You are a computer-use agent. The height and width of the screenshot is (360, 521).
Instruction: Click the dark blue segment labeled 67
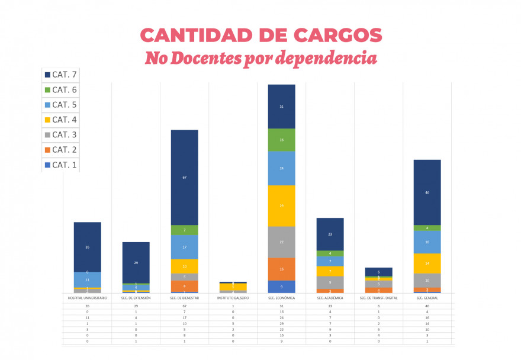[185, 177]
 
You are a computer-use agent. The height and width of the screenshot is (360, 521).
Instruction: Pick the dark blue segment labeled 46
[427, 192]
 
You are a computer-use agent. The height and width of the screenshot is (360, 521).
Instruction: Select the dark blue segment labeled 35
[87, 247]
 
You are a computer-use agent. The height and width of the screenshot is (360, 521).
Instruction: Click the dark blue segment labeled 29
[136, 262]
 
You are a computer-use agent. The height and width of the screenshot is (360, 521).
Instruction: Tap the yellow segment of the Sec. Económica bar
[281, 206]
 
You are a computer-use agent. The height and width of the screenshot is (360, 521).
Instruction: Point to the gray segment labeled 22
[281, 242]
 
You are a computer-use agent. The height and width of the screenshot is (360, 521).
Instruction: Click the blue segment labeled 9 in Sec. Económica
[281, 287]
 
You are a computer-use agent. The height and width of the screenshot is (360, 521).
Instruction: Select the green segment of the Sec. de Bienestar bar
[185, 230]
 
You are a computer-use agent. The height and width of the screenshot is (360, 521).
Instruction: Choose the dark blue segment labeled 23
[330, 234]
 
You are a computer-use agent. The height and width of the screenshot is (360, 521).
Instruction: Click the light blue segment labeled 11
[87, 279]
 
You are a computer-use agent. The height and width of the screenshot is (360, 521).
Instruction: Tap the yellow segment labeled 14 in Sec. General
[427, 263]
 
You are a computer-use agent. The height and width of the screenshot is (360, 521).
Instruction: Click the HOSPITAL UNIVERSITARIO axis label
[87, 298]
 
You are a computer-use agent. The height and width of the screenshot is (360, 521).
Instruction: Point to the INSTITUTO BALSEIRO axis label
[233, 298]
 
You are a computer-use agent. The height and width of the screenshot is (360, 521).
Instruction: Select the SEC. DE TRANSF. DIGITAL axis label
[378, 298]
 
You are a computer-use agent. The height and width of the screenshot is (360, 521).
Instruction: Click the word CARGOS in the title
[332, 35]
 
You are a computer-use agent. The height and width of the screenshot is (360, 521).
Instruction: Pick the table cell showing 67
[185, 306]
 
